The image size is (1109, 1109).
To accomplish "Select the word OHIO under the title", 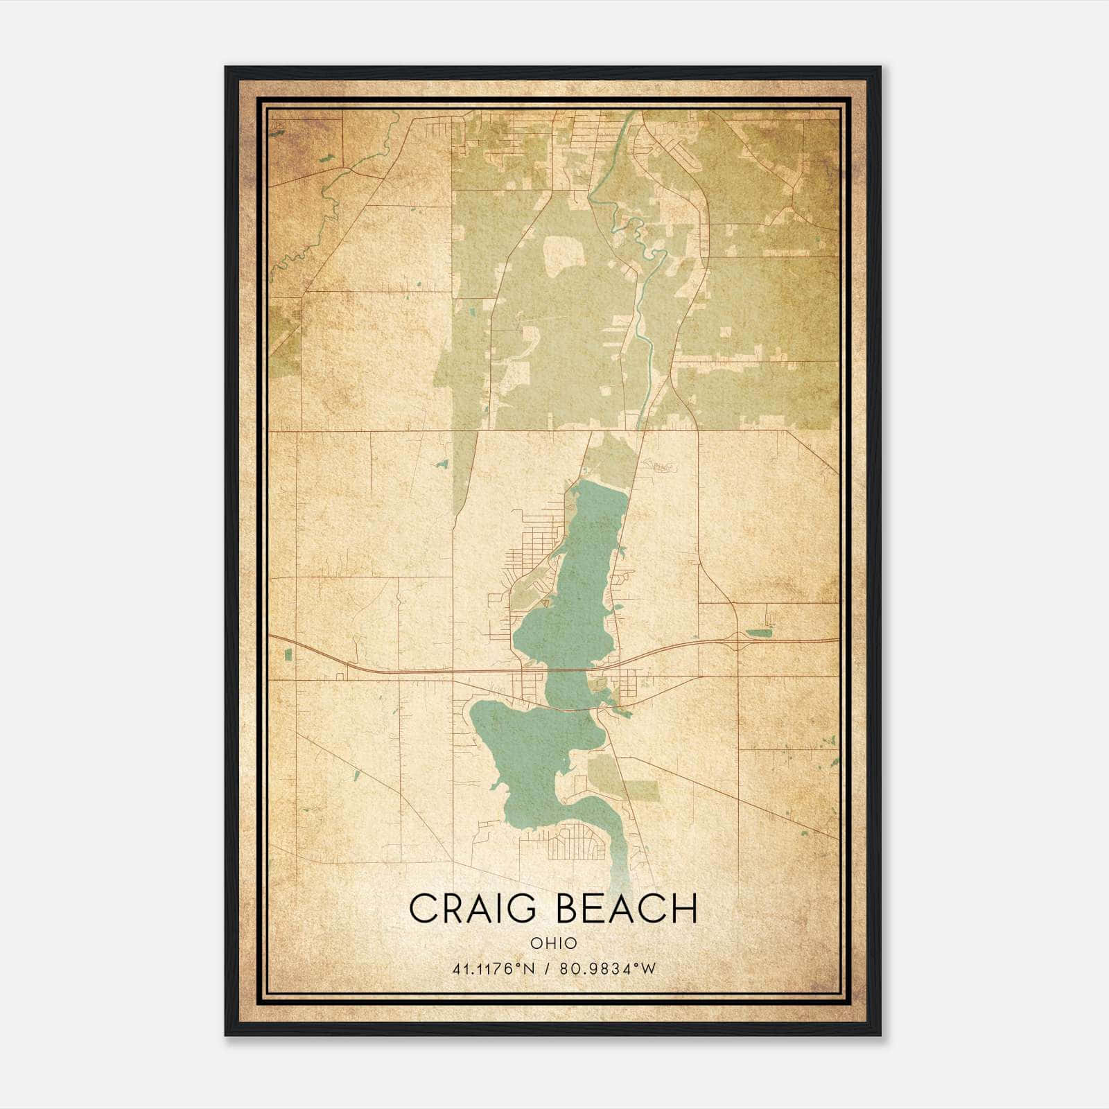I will pyautogui.click(x=554, y=943).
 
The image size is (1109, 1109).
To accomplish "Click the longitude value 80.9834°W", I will pyautogui.click(x=610, y=968).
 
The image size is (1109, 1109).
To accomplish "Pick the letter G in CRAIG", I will pyautogui.click(x=518, y=909).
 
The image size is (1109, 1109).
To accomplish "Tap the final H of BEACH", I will pyautogui.click(x=683, y=909).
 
